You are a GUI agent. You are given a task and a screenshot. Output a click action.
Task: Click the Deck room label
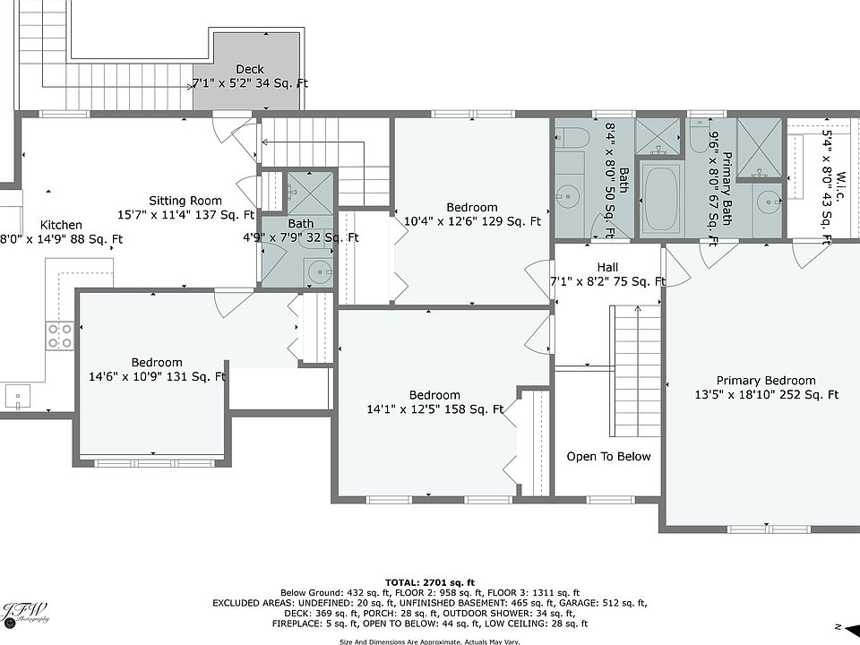coord(250,69)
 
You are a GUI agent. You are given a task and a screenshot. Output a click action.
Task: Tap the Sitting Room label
coord(185,201)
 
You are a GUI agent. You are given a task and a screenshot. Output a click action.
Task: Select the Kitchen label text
coord(62,225)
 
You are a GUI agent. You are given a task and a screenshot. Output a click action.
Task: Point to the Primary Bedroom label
coord(766,381)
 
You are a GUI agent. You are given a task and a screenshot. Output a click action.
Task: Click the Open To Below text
coord(608,456)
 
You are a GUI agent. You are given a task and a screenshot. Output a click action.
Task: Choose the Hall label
coord(607,267)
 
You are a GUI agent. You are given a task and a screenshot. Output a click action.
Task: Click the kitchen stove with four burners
coord(60,336)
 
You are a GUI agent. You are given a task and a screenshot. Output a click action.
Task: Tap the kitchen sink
coord(18,397)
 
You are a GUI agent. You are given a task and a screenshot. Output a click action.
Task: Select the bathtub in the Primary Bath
coord(662,200)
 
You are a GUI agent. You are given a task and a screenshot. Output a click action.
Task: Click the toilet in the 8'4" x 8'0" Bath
coord(571,138)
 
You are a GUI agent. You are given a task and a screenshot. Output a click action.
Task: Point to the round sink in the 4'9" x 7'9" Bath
coord(319,271)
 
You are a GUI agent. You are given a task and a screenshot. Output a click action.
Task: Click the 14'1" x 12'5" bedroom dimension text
coord(435,409)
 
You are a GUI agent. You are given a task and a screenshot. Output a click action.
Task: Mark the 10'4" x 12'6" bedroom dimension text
coord(472,221)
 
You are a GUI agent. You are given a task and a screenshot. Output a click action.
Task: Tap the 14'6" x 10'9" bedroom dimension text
coord(157,377)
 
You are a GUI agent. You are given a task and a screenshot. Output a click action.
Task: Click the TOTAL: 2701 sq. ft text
coord(430,582)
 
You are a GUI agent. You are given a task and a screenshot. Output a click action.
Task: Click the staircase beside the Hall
coord(636,371)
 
